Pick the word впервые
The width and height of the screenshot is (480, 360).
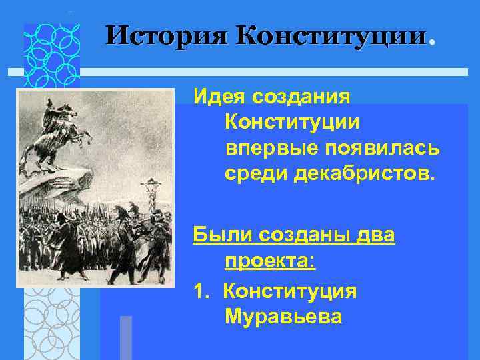263,148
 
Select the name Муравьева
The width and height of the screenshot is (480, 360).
283,316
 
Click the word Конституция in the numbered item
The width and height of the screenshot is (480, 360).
290,291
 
